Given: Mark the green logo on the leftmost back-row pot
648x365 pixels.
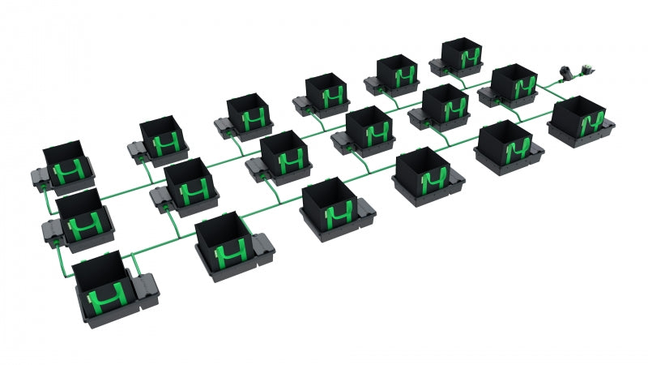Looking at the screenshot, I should point(69,172).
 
